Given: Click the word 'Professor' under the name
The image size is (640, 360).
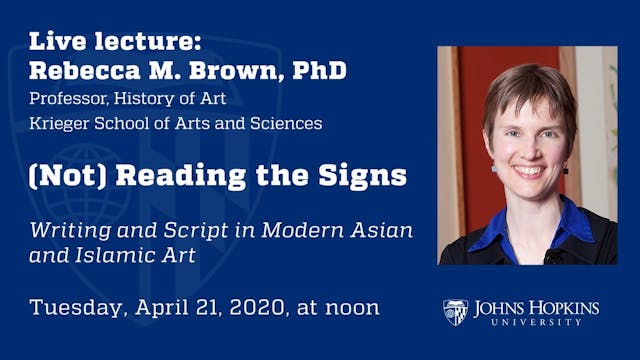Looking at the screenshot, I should coord(67,99).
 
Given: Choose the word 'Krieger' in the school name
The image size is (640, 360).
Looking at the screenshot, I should coord(58,124).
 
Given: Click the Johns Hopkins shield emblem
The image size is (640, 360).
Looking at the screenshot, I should coord(456,312).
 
